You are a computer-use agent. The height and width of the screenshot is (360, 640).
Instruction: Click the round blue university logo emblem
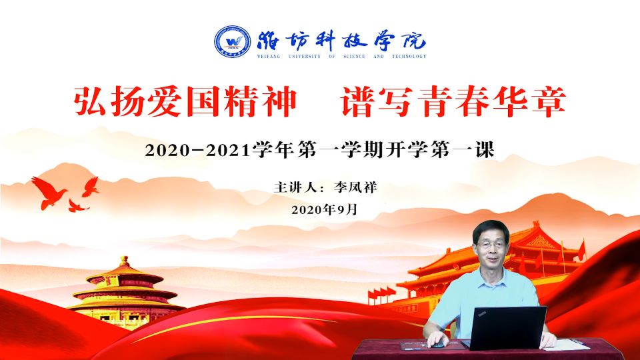tap(232, 41)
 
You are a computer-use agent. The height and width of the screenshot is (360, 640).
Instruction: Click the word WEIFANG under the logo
tap(269, 56)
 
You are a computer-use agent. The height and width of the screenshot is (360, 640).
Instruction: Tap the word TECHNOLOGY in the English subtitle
tap(409, 56)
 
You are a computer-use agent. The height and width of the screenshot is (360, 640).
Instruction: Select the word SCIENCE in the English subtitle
tap(354, 56)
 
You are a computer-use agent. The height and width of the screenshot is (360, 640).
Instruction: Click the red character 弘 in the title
tap(89, 101)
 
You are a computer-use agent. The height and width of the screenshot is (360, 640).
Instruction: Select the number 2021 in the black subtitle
tap(228, 150)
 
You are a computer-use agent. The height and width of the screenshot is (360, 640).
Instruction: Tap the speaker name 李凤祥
tap(355, 187)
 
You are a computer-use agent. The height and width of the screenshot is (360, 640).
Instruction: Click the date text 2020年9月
tap(325, 210)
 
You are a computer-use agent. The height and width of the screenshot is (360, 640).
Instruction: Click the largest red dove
tap(49, 193)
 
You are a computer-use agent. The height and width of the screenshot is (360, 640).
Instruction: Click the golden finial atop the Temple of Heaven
tap(125, 261)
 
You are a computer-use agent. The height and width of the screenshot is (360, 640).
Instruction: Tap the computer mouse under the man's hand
tap(438, 345)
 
